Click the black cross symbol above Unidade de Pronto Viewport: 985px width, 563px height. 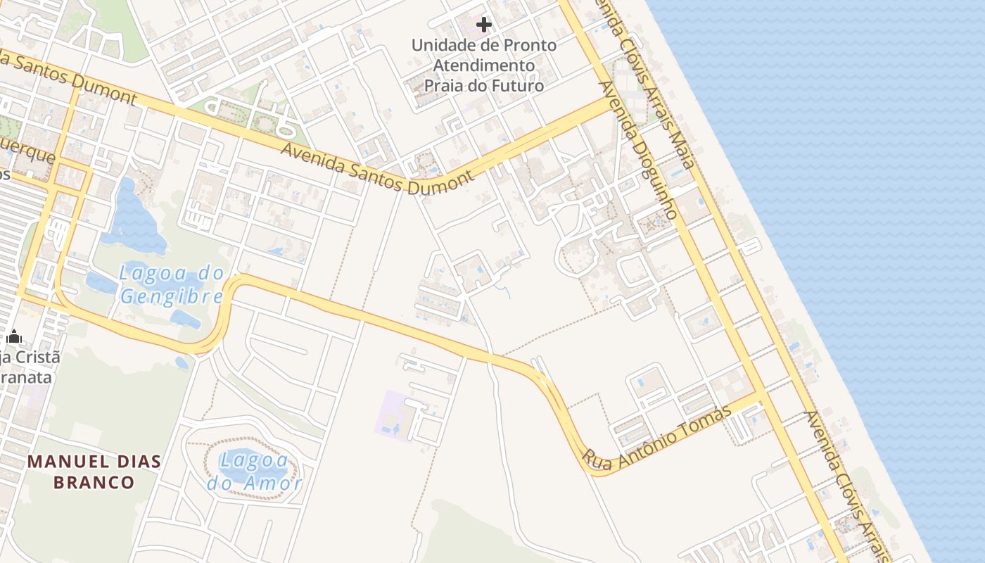click(484, 25)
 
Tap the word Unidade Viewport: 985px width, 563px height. click(441, 46)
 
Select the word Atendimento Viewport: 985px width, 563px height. click(484, 65)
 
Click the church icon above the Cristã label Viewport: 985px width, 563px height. click(14, 337)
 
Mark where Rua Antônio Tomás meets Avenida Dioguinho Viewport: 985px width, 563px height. click(758, 398)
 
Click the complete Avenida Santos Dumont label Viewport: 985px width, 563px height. click(377, 168)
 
